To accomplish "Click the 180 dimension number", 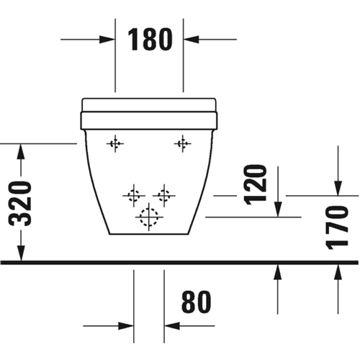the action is coord(150,39).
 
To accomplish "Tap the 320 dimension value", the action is coord(20,204).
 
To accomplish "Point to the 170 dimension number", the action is coord(337,228).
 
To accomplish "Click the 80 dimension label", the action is coord(196,302).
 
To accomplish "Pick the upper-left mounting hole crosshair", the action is coord(115,144).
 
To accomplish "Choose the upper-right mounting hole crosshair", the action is coord(183,144).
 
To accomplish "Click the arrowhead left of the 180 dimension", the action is coord(107,40).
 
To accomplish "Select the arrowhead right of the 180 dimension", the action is coord(192,40).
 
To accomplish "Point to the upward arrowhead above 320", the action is coord(21,151).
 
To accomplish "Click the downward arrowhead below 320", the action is coord(21,253).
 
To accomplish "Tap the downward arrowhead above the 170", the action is coord(338,189).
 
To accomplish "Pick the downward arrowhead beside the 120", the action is coord(278,210).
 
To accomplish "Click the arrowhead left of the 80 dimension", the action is coord(126,326).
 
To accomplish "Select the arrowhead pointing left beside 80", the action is coord(172,326).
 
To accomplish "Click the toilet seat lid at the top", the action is coord(149,105).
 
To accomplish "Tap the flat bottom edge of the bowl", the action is coord(149,234).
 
